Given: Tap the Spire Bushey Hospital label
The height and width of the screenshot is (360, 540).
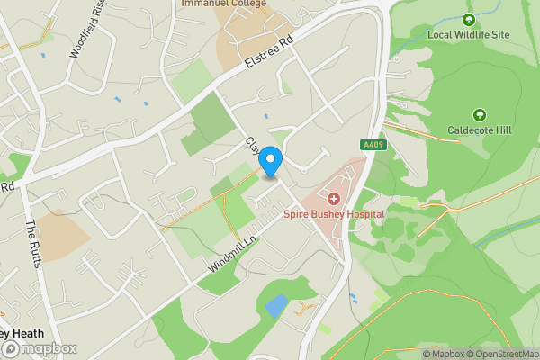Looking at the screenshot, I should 334,214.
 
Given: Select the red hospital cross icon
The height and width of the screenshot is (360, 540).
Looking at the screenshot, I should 334,198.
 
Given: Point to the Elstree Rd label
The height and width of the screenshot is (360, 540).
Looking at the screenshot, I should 270,55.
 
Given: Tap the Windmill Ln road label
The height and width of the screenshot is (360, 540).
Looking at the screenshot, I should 232,254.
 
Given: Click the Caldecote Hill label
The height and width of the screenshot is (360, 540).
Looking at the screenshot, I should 480,130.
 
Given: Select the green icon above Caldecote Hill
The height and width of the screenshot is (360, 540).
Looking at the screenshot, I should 480,114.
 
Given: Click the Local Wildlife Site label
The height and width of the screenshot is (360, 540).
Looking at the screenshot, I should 468,34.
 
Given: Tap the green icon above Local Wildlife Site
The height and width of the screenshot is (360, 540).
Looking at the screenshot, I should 468,19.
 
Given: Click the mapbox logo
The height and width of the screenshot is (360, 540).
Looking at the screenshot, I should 40,348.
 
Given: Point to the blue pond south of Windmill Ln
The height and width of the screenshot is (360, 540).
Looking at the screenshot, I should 277,305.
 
